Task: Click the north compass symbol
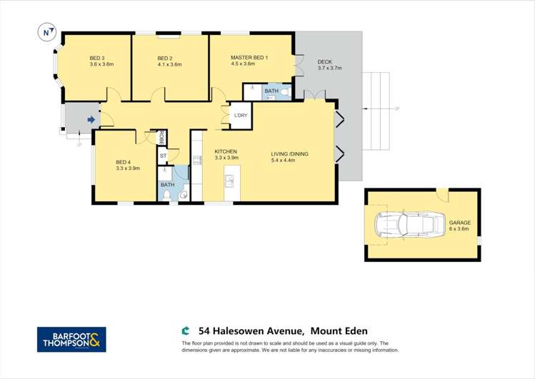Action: click(47, 31)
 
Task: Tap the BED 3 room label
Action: click(97, 58)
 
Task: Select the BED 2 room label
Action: click(165, 58)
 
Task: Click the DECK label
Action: click(325, 61)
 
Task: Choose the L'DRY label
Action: click(241, 115)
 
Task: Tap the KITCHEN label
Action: click(226, 151)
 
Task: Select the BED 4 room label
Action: click(123, 162)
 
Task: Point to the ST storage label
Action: click(163, 156)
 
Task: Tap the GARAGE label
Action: click(460, 223)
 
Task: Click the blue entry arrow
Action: click(91, 120)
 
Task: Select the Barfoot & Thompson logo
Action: click(71, 339)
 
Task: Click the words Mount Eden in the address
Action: click(343, 330)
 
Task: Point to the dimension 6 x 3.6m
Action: click(459, 229)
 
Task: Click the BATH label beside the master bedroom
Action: click(271, 91)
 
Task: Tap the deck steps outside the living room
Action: click(376, 111)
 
